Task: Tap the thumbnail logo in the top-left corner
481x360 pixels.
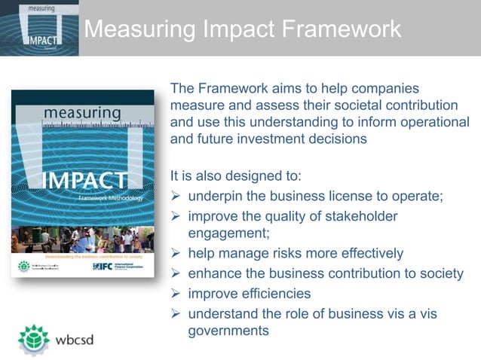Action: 39,28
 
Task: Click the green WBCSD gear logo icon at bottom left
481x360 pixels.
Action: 33,339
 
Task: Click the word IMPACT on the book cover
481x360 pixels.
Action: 85,182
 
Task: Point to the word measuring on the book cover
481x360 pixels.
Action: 82,113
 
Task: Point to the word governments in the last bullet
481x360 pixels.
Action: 228,331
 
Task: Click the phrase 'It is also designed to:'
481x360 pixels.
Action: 235,177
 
